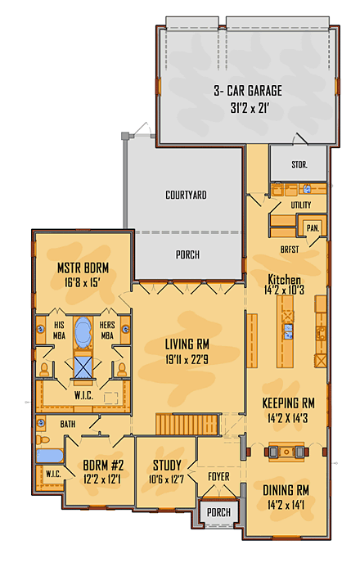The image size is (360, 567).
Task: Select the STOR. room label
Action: [x=299, y=165]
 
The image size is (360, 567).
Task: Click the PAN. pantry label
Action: [x=312, y=228]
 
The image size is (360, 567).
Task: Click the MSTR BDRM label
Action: [x=83, y=268]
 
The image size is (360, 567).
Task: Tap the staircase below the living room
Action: [x=189, y=425]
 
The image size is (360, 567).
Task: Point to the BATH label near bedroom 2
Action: [x=67, y=424]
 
